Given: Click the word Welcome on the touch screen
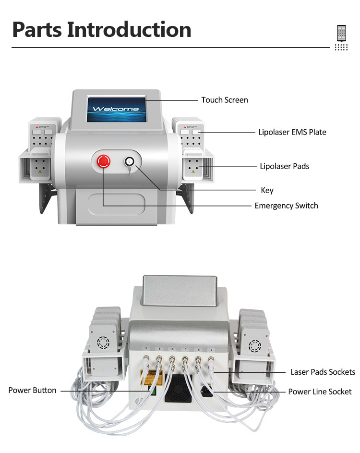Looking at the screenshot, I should coord(116,109).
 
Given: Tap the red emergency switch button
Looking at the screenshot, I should coord(104,161).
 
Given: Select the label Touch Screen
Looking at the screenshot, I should coord(225,100).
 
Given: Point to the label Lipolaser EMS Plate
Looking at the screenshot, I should coord(292,132).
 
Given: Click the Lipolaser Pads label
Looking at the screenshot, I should coord(284,166).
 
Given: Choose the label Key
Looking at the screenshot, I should coord(267,190).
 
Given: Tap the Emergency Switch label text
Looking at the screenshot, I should coord(286,206).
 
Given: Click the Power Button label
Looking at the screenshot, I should coord(32,390).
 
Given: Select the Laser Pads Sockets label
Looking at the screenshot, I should coord(323,372).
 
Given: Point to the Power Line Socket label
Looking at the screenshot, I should coord(320,392).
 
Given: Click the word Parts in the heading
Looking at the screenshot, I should coord(37,29).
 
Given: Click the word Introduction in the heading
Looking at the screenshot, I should coord(129,29).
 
